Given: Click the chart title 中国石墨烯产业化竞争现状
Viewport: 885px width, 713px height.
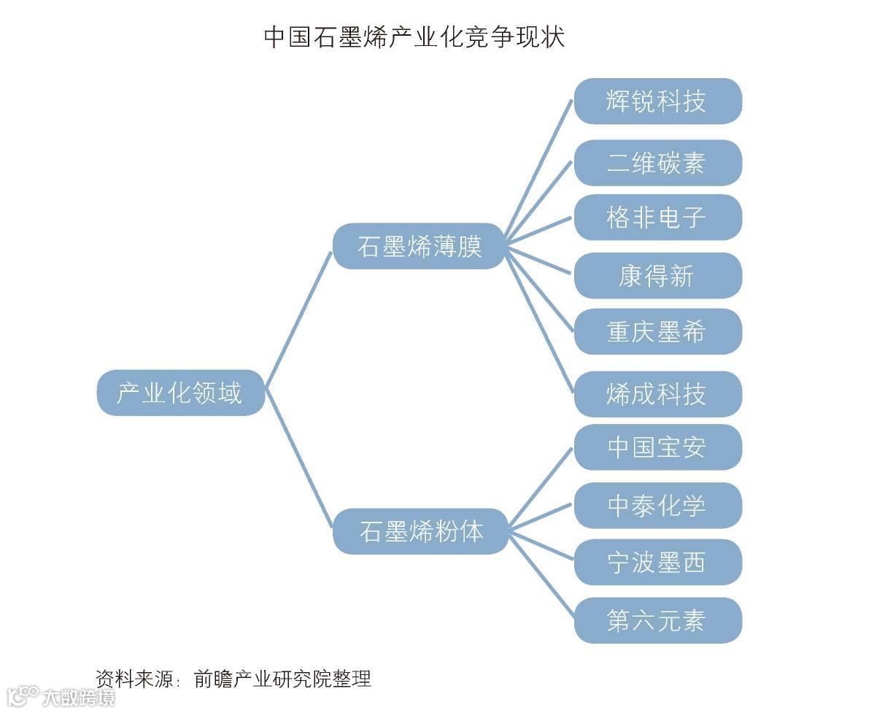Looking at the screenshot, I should coord(414,37).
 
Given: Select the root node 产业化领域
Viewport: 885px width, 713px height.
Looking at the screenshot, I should coord(180,393).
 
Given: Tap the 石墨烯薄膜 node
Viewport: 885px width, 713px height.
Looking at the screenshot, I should coord(419,246).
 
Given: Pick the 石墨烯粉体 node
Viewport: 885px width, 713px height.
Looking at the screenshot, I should coord(420,531).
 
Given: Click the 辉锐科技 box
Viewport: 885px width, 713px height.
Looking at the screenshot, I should coord(657,101).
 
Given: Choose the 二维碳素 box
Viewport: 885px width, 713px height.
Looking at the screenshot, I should coord(657,163).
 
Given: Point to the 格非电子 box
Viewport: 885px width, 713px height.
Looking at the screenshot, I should coord(657,217).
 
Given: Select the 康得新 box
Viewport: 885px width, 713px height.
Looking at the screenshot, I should coord(657,276).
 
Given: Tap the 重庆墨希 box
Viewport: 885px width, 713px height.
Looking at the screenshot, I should coord(657,332).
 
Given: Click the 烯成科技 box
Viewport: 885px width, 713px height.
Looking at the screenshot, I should coord(657,394).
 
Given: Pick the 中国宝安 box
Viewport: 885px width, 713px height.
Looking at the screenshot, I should coord(657,447).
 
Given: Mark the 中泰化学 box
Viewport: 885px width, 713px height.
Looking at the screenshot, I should coord(657,505).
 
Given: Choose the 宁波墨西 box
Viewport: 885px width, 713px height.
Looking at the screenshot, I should coord(657,562).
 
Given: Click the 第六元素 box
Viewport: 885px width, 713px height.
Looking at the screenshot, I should coord(657,620).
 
